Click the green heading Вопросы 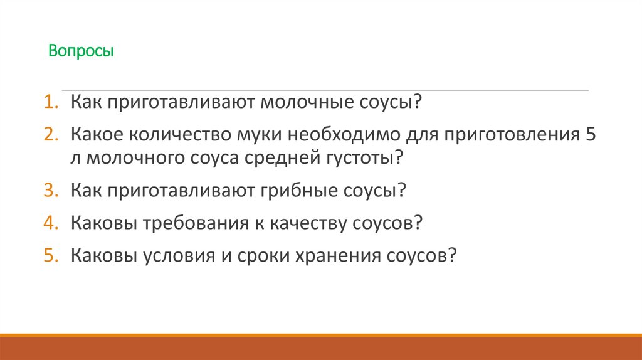click(x=82, y=51)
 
